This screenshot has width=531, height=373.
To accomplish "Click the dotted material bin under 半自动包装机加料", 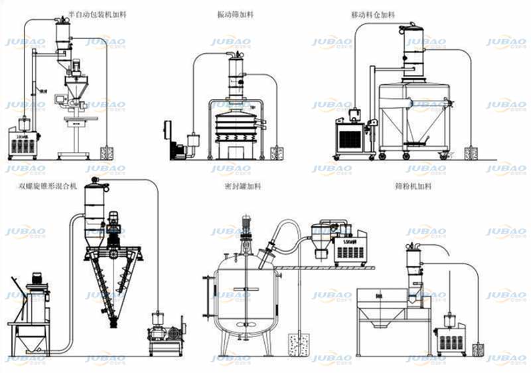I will (107, 153).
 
